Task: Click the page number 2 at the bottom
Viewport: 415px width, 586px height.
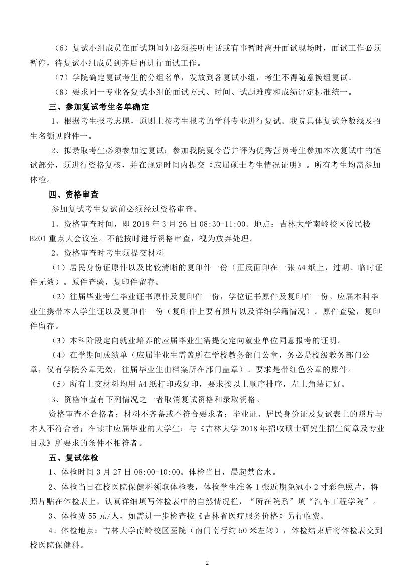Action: tap(207, 563)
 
